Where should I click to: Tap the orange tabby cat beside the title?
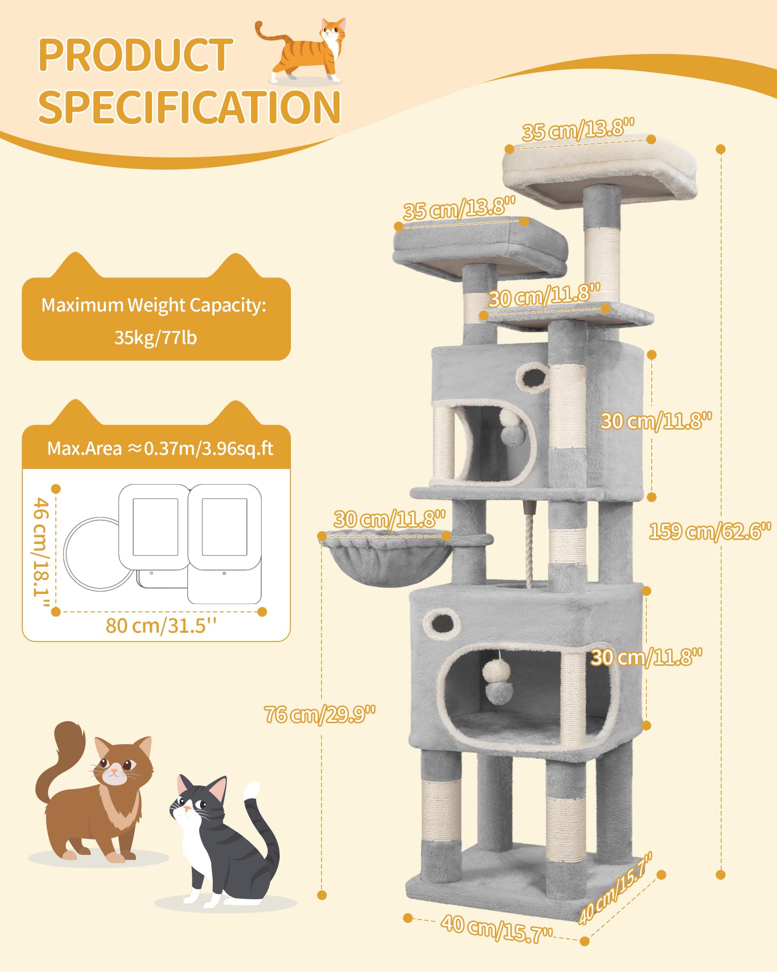(306, 51)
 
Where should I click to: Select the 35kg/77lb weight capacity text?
(155, 337)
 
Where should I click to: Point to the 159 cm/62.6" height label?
(710, 531)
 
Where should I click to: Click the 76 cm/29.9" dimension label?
(320, 714)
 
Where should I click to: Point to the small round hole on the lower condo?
(441, 622)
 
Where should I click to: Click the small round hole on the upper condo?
(533, 378)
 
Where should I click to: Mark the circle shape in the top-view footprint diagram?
(95, 554)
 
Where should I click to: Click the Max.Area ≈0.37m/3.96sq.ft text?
(160, 448)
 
